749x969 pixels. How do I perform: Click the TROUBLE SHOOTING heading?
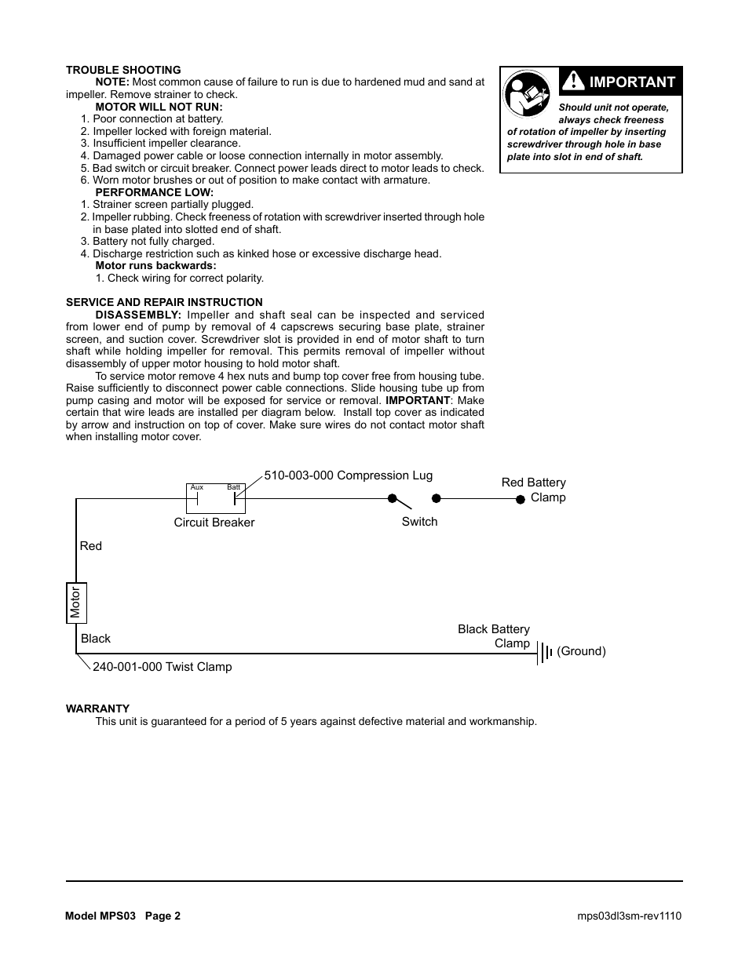point(123,70)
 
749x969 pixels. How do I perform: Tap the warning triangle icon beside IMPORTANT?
point(573,81)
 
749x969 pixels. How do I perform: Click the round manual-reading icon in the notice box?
point(527,94)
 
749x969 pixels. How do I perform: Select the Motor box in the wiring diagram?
point(76,603)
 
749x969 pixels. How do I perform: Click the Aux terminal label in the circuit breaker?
point(197,487)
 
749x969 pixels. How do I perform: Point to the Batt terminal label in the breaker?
point(233,487)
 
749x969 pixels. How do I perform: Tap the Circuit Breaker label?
point(214,523)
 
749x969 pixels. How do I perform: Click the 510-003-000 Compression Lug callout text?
point(348,475)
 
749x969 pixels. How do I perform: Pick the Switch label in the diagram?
point(419,522)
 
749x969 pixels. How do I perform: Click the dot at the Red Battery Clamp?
point(520,499)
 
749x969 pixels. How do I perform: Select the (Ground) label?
point(581,651)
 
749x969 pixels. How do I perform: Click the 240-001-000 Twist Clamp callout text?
point(162,667)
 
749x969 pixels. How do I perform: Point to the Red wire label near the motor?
point(91,546)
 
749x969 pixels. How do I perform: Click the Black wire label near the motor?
point(96,639)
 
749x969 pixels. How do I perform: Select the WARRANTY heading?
point(97,709)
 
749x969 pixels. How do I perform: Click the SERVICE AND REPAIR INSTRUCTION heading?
point(164,302)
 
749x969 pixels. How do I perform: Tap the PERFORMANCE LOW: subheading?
point(154,192)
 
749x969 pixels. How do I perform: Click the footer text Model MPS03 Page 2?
point(123,916)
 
